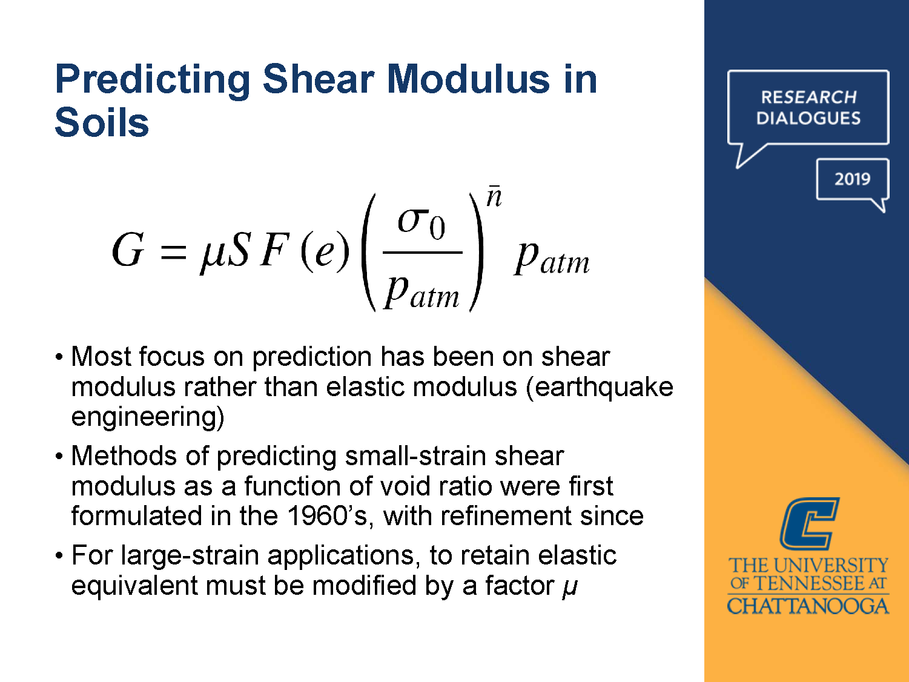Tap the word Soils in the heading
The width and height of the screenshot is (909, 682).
coord(102,123)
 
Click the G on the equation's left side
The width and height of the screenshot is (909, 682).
coord(128,250)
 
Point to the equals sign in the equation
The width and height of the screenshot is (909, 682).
coord(173,251)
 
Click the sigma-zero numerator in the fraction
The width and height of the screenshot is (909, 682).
coord(421,223)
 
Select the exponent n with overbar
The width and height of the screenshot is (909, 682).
coord(494,197)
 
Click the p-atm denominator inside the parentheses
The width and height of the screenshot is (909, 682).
coord(423,292)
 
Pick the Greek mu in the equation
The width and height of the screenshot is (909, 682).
coord(213,253)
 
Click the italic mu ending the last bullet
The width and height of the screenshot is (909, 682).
coord(570,586)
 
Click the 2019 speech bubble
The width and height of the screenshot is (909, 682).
coord(852,179)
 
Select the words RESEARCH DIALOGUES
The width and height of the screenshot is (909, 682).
coord(808,108)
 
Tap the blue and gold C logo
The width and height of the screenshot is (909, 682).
coord(809,523)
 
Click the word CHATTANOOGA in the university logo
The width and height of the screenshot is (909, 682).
coord(808,606)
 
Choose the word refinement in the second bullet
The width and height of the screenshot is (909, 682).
coord(506,516)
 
